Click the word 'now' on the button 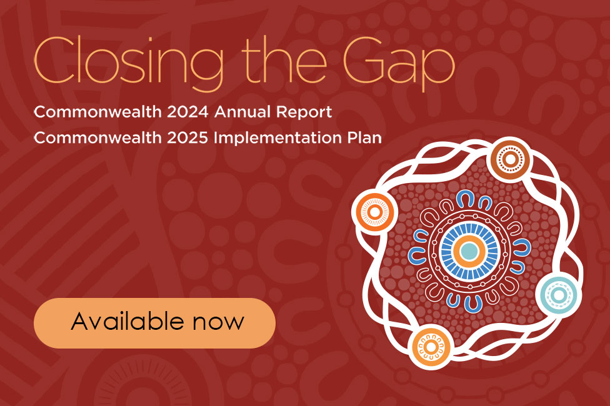click(x=218, y=322)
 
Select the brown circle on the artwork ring click(x=510, y=159)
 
